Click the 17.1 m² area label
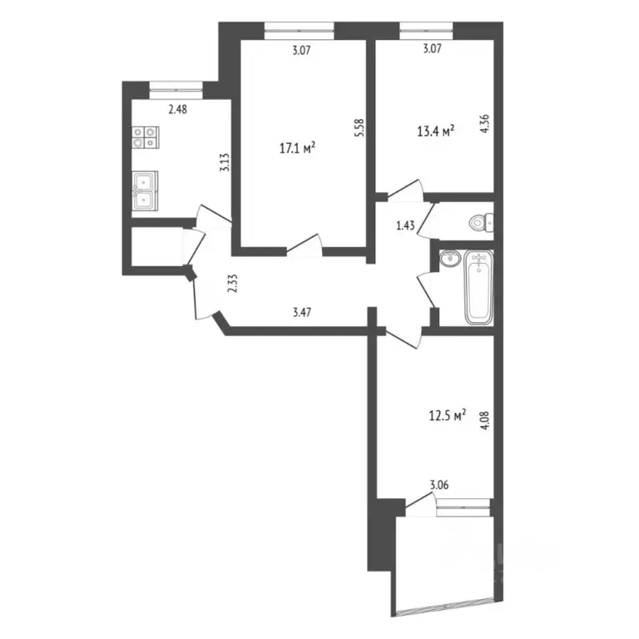tap(299, 149)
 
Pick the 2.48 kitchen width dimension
tap(178, 109)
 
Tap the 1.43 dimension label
tap(405, 225)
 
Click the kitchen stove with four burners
tap(144, 136)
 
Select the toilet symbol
tap(481, 222)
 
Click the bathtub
tap(479, 287)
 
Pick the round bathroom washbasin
tap(449, 259)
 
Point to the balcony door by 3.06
tap(421, 502)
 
